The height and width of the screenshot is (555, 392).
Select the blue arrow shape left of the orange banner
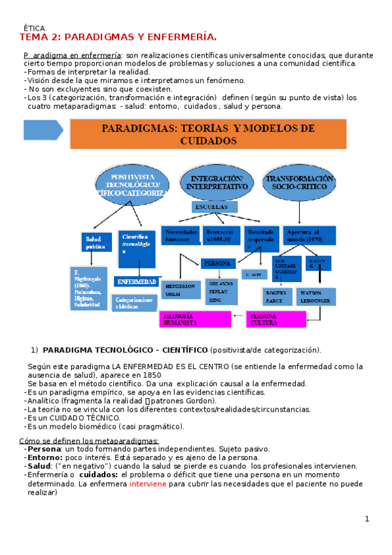coord(43,130)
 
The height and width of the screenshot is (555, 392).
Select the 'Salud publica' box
coord(96,242)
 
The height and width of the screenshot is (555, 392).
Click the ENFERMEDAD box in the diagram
coord(136,281)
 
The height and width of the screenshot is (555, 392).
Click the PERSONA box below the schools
coord(217,263)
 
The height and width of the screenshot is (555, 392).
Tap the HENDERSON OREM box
coord(179,290)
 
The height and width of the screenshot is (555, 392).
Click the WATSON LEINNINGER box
coord(317,296)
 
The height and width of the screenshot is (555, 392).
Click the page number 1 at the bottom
coord(367,519)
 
